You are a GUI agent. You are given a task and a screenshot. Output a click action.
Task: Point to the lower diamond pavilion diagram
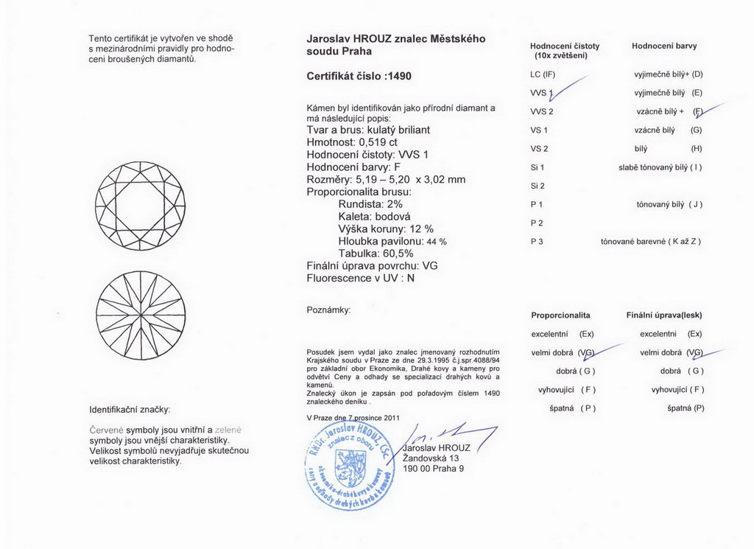141,315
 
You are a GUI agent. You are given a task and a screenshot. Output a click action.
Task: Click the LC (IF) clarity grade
542,74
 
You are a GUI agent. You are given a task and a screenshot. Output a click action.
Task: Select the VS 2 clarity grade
539,149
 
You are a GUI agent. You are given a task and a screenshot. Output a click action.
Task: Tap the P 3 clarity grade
536,241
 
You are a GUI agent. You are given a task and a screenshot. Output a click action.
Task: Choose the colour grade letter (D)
697,74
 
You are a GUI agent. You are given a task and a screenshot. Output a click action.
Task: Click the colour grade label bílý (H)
663,149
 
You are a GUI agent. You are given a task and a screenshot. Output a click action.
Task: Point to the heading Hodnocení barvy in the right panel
664,46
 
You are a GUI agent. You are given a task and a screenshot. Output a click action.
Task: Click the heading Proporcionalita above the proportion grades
560,315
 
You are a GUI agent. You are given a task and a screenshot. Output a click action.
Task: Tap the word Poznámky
328,310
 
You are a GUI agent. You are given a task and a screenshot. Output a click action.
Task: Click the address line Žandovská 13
434,458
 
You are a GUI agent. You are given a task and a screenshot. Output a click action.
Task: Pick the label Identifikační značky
130,409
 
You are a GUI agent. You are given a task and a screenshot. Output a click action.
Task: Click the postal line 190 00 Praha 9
434,469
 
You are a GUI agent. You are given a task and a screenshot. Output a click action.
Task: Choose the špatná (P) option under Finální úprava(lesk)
686,408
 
